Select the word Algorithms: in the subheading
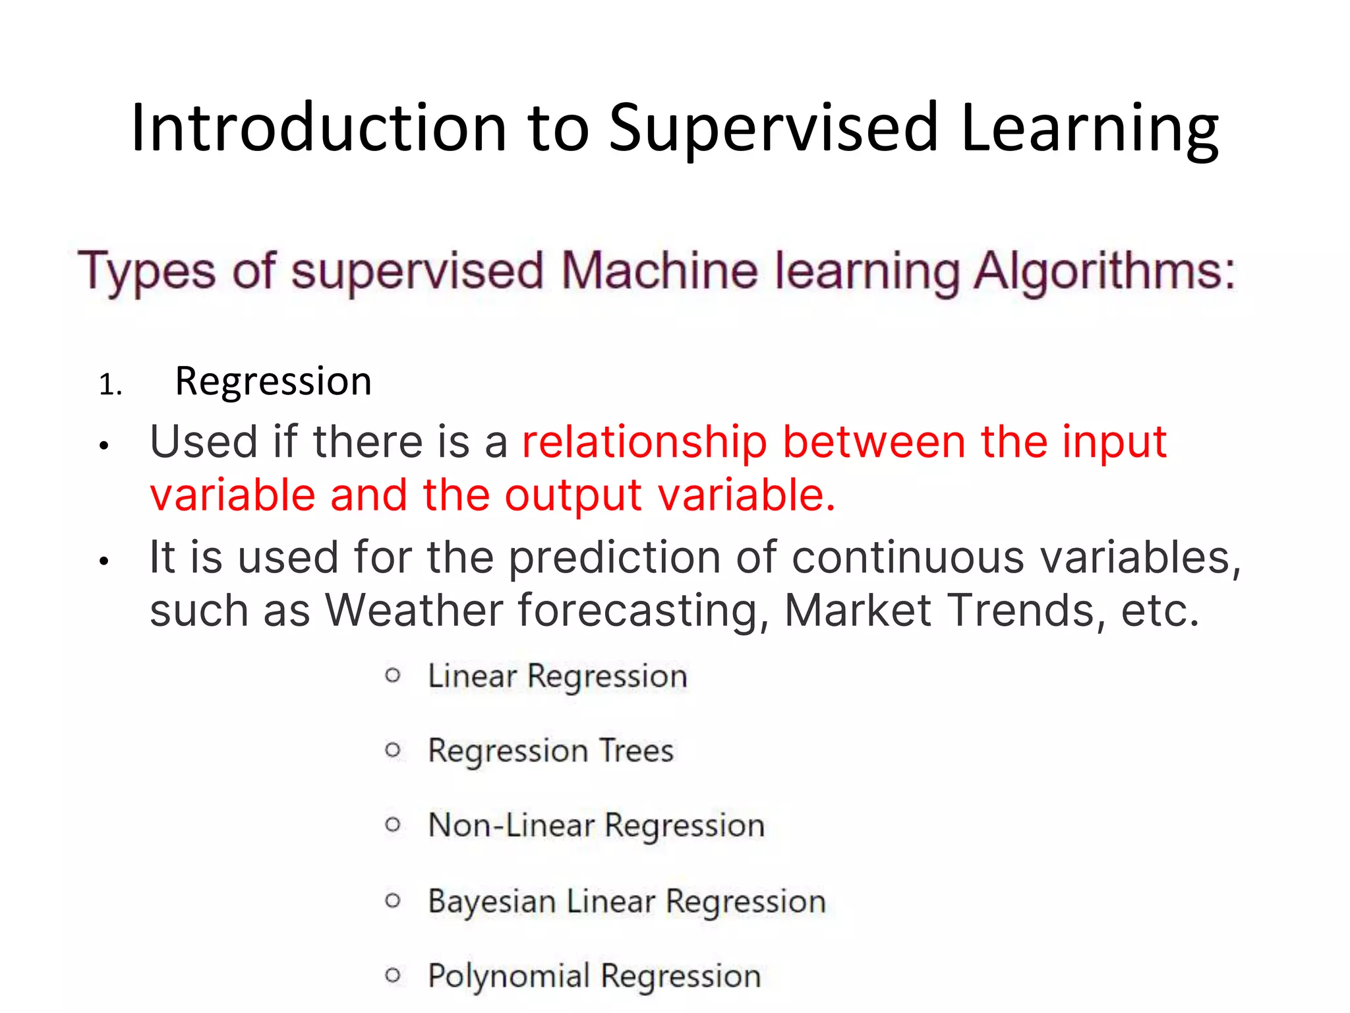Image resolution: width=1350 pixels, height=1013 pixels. (1104, 271)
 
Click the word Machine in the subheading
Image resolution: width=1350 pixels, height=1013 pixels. (660, 271)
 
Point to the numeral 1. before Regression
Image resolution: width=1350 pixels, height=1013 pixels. (110, 384)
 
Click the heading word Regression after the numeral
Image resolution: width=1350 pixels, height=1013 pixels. (273, 382)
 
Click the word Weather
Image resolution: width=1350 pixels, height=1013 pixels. (414, 610)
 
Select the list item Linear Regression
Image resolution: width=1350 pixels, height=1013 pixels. (557, 676)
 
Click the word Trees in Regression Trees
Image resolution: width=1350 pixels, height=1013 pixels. (636, 751)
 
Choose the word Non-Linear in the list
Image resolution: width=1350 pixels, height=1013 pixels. (511, 825)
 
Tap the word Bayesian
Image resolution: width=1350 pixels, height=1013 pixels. (491, 901)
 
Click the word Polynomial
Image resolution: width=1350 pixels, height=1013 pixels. (508, 975)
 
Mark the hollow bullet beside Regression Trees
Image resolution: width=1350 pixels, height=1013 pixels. (393, 750)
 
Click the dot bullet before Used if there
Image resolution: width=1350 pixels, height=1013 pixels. (103, 446)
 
